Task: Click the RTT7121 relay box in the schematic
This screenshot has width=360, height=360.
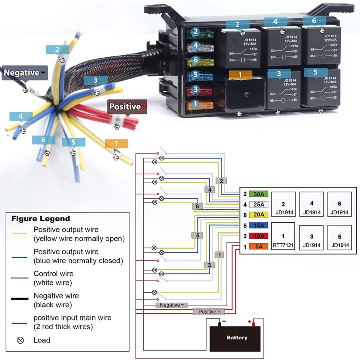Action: pyautogui.click(x=283, y=236)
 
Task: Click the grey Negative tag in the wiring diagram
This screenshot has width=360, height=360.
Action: pyautogui.click(x=172, y=305)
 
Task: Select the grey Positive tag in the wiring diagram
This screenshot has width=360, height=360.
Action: pyautogui.click(x=209, y=312)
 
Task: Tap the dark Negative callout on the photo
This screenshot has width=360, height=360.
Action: pyautogui.click(x=24, y=73)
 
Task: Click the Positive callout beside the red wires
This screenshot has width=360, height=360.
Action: pyautogui.click(x=128, y=107)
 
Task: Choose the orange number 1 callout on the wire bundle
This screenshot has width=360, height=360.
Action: pyautogui.click(x=116, y=144)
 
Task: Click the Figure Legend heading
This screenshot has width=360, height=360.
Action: pyautogui.click(x=40, y=219)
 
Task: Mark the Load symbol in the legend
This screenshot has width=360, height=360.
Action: pyautogui.click(x=20, y=340)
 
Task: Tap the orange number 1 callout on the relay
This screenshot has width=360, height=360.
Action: pyautogui.click(x=240, y=75)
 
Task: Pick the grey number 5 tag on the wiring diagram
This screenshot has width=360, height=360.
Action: pyautogui.click(x=197, y=235)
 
